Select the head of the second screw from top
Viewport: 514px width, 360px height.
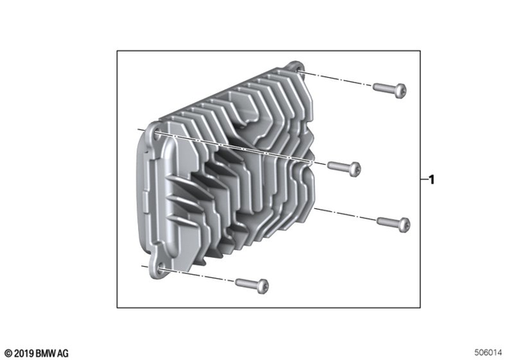[355, 169]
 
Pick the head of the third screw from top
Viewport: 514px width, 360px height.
[404, 223]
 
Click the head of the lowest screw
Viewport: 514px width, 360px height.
[263, 285]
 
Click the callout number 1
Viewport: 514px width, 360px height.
[432, 181]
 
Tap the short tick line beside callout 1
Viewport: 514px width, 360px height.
[422, 181]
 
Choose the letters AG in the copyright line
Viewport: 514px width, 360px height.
[63, 353]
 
